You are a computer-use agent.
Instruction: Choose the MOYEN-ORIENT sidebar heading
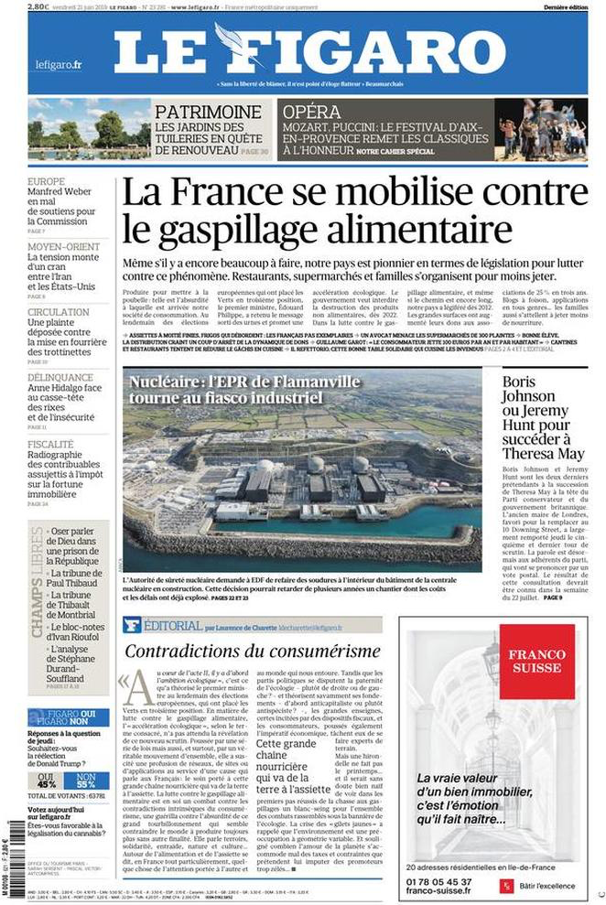[x=63, y=246]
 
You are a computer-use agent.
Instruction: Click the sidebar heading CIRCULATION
[x=59, y=311]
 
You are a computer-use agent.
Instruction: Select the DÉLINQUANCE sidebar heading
[x=60, y=377]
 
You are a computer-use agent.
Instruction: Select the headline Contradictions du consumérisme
[x=252, y=652]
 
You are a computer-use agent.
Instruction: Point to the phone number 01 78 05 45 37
[x=440, y=881]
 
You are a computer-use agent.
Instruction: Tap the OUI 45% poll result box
[x=47, y=780]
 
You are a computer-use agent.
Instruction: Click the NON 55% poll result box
[x=85, y=780]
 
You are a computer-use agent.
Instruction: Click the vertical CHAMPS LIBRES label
[x=38, y=580]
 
